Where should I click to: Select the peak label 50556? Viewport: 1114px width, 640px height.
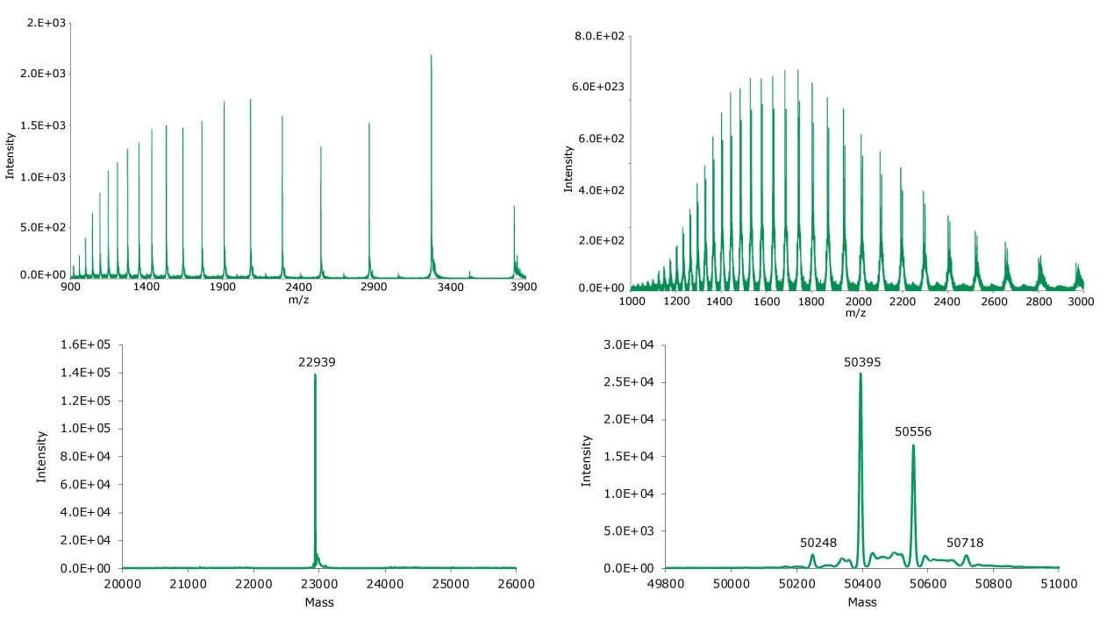(x=913, y=431)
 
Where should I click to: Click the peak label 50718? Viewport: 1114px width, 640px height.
(x=965, y=543)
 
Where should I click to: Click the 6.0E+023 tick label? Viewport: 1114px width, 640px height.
(x=599, y=87)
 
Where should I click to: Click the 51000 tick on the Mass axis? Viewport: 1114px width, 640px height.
(x=1058, y=583)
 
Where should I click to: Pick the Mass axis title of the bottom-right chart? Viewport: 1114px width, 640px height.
(x=862, y=602)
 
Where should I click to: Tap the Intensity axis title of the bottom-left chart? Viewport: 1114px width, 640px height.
(x=40, y=456)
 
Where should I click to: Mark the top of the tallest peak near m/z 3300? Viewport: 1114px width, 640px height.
(x=432, y=55)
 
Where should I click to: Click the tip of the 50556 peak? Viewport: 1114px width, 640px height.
(x=913, y=445)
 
